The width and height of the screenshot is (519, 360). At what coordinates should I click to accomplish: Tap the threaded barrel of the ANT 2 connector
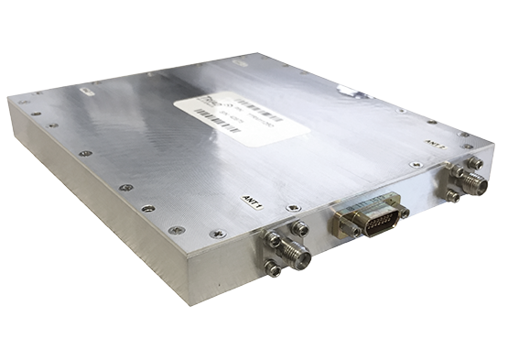tap(472, 179)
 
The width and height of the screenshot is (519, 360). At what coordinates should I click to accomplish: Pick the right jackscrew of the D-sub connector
tap(404, 213)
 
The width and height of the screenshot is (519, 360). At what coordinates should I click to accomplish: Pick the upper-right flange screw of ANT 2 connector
tap(477, 158)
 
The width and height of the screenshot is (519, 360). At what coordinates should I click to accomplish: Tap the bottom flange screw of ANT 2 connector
tap(454, 194)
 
